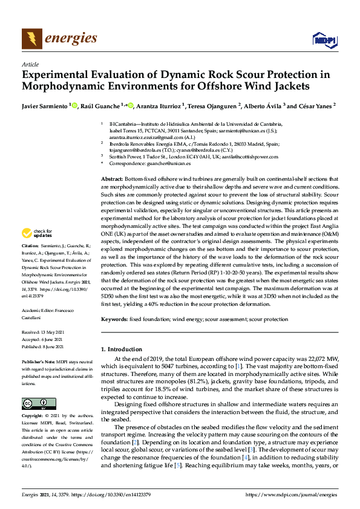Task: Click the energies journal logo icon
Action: [32, 39]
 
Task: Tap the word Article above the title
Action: [30, 64]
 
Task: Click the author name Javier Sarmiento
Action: [45, 106]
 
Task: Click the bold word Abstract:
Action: [113, 180]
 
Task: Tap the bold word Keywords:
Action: [115, 318]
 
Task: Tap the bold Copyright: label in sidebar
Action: [33, 417]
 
